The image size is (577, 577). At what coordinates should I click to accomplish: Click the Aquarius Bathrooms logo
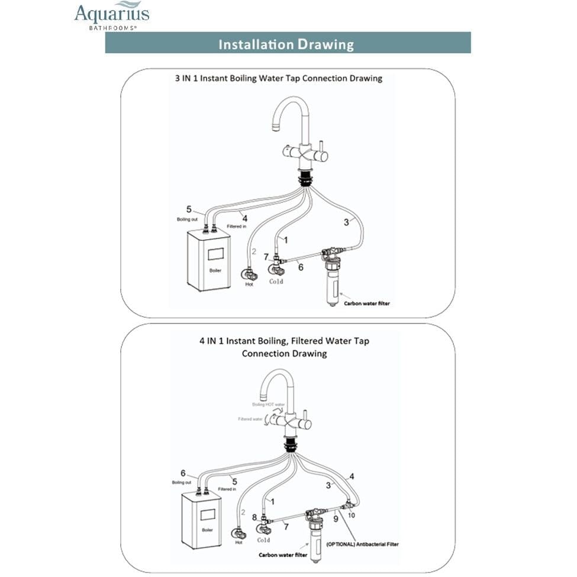[x=112, y=15]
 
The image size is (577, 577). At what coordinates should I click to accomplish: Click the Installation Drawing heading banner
[x=288, y=43]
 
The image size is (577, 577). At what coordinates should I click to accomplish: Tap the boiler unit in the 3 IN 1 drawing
[x=209, y=260]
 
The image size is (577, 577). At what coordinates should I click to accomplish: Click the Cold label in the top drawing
[x=276, y=281]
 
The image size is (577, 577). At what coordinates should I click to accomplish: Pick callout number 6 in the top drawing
[x=301, y=267]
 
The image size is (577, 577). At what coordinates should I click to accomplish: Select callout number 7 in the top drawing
[x=266, y=257]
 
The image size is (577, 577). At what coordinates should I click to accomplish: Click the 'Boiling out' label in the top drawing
[x=187, y=220]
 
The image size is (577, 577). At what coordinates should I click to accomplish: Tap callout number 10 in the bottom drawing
[x=352, y=515]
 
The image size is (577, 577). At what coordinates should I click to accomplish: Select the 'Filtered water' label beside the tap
[x=250, y=418]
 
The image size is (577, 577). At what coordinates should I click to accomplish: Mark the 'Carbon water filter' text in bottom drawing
[x=282, y=555]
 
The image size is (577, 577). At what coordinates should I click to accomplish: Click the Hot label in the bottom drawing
[x=239, y=542]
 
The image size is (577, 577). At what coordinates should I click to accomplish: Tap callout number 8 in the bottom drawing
[x=255, y=517]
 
